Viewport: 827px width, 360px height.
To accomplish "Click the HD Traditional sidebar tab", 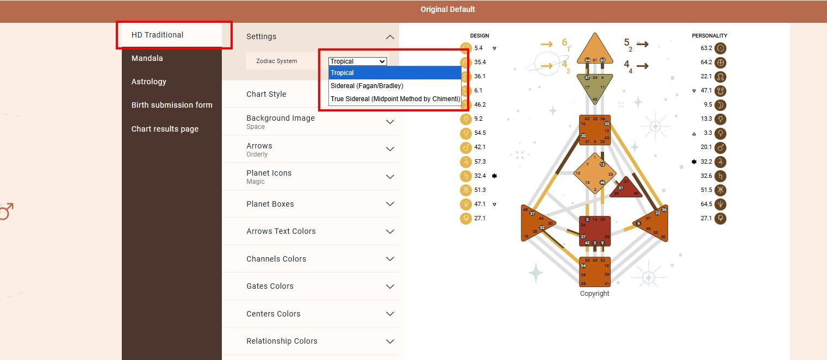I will coord(158,35).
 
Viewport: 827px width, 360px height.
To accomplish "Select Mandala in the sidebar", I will coord(147,58).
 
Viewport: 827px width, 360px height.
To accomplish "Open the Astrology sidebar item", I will coord(149,82).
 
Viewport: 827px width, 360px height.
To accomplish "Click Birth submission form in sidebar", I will coord(172,105).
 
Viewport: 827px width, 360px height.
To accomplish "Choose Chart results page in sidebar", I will coord(165,129).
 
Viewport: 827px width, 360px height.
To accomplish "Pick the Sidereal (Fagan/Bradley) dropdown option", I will coord(367,86).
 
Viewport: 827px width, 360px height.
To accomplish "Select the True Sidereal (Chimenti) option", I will coord(395,99).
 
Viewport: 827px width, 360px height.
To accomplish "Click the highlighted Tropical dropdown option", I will coord(343,73).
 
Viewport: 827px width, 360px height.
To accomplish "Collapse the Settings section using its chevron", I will coord(390,37).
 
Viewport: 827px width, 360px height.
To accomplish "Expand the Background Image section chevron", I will coord(390,122).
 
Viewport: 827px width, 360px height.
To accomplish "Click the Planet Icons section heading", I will coord(269,173).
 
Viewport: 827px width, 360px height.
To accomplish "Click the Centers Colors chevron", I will coord(390,314).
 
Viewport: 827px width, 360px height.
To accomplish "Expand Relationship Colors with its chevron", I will coord(390,342).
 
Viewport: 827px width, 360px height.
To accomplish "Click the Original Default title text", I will coord(447,9).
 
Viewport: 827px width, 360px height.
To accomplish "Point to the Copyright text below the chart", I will coord(594,294).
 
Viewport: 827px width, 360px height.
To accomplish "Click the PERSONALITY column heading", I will coord(709,36).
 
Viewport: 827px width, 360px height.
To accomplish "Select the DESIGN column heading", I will coord(480,36).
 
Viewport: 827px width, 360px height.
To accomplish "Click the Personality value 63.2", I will coord(706,48).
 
